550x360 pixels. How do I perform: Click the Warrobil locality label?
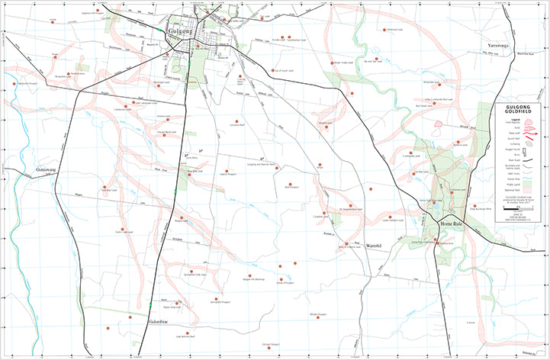pyautogui.click(x=368, y=247)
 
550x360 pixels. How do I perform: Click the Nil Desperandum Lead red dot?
pyautogui.click(x=350, y=205)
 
